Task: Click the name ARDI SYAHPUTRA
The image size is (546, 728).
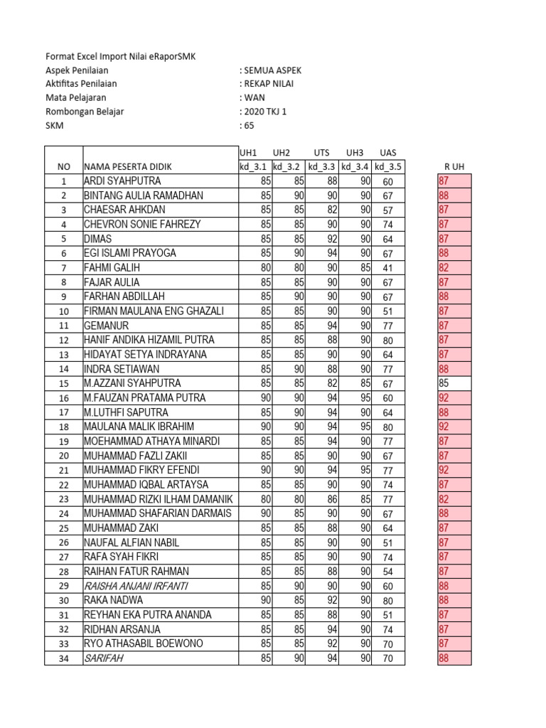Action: click(x=122, y=181)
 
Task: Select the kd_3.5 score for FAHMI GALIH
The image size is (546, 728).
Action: click(x=387, y=268)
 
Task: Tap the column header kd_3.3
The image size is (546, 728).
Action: click(x=321, y=166)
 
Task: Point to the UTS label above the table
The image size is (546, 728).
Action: click(x=321, y=153)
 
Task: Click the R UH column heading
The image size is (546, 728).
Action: click(x=454, y=166)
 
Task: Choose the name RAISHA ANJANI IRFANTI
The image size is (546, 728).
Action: click(x=136, y=586)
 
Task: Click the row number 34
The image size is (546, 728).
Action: click(x=63, y=658)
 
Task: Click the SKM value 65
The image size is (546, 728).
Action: click(x=247, y=126)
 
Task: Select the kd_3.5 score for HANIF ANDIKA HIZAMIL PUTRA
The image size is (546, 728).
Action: click(x=387, y=340)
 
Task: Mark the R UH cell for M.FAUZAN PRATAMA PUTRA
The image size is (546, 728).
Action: click(x=454, y=398)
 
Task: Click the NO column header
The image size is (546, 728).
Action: click(x=63, y=166)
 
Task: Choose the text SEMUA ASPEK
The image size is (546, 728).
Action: click(x=272, y=70)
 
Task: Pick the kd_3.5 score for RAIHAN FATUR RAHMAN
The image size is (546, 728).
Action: click(x=387, y=572)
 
